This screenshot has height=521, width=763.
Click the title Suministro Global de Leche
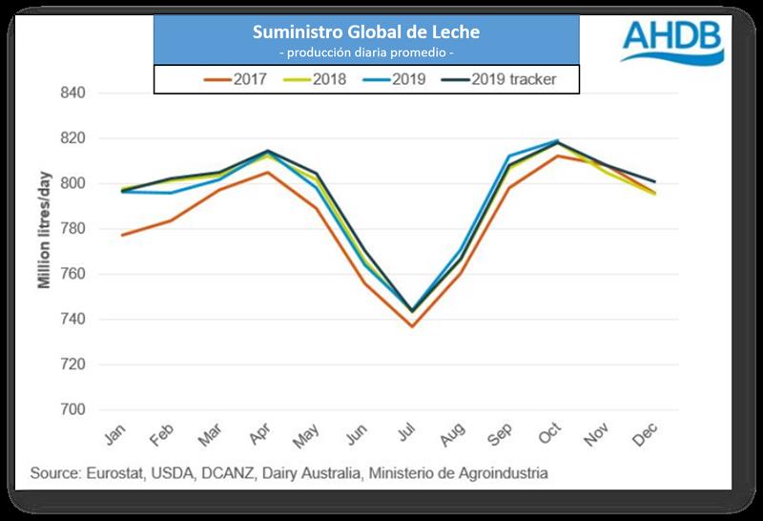pyautogui.click(x=366, y=32)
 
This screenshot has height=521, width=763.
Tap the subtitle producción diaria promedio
pyautogui.click(x=366, y=51)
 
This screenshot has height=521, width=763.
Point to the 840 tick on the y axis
pyautogui.click(x=73, y=94)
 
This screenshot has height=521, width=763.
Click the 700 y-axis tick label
pyautogui.click(x=73, y=410)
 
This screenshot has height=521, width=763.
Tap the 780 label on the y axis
pyautogui.click(x=73, y=229)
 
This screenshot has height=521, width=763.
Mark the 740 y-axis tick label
pyautogui.click(x=73, y=320)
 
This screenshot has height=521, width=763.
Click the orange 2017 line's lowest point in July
pyautogui.click(x=412, y=326)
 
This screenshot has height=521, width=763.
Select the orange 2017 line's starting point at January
pyautogui.click(x=121, y=235)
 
